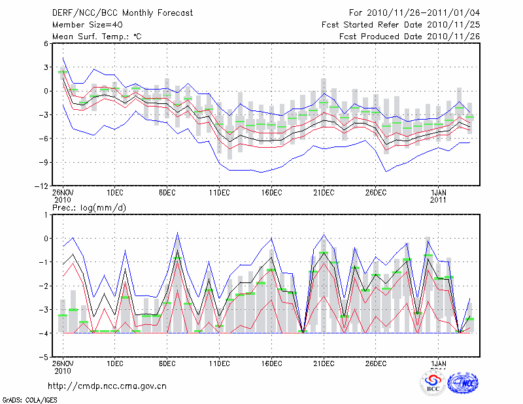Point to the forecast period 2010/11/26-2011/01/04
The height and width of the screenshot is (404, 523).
pos(414,12)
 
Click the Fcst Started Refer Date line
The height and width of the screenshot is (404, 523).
pos(401,24)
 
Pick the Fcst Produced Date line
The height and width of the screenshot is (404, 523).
pos(410,36)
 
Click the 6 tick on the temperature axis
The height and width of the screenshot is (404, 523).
pos(46,44)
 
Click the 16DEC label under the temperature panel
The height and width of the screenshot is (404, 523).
pos(271,193)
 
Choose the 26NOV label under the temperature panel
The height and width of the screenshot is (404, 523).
pos(63,193)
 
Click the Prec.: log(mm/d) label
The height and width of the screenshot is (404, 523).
pos(89,207)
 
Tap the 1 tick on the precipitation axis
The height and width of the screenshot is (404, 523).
pos(46,215)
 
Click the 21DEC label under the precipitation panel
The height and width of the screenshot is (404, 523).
pos(324,363)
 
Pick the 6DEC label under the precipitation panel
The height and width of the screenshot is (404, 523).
pos(167,363)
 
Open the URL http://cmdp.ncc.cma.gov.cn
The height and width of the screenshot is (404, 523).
pos(108,386)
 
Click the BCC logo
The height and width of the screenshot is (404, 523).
pos(433,384)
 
